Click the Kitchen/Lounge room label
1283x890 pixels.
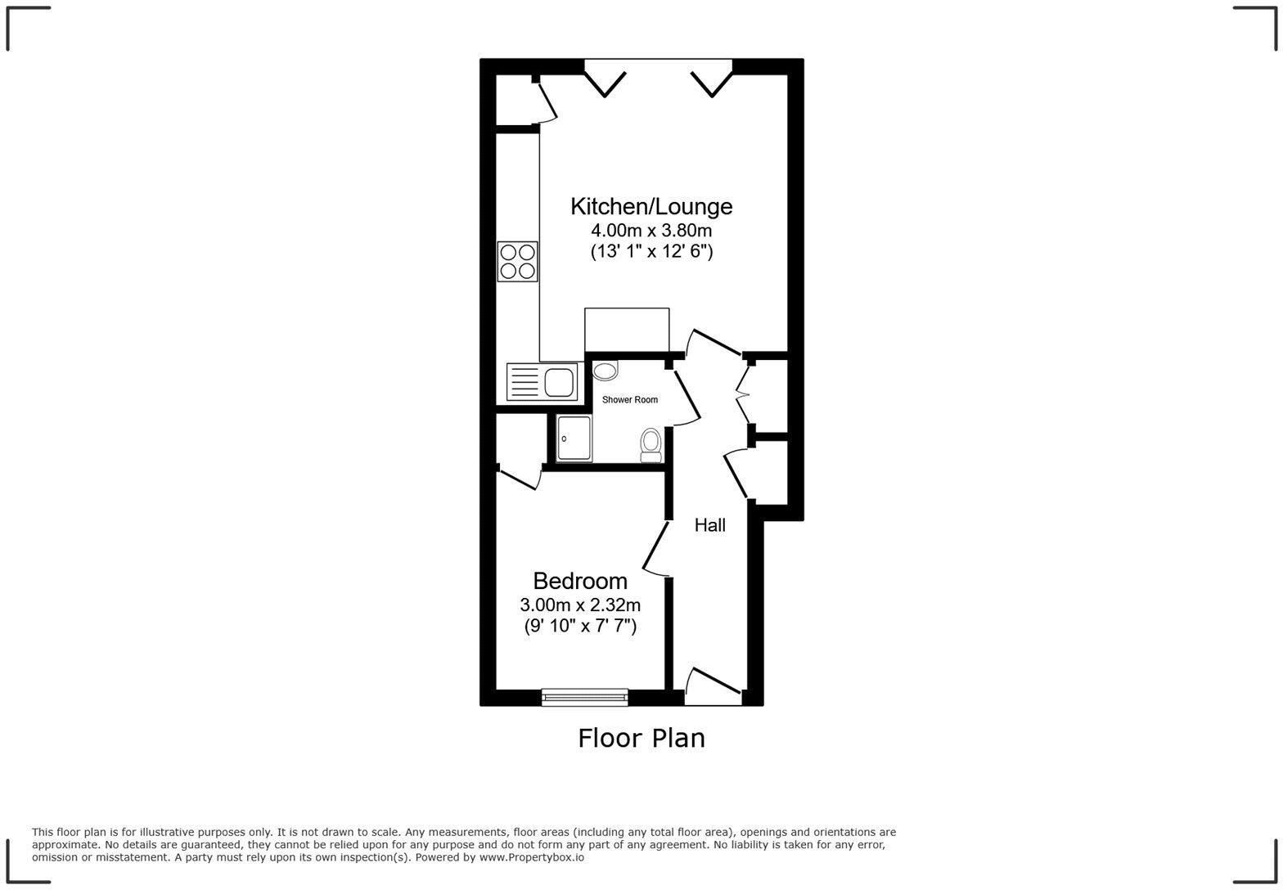(651, 206)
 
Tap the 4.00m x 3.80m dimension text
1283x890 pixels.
(651, 231)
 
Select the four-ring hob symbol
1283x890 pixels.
(517, 262)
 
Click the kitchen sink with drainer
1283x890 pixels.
(542, 382)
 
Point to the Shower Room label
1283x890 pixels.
(630, 400)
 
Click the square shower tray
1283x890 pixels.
(574, 438)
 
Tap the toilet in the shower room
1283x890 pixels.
(651, 444)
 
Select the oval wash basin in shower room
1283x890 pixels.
(605, 372)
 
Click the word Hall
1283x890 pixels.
(709, 525)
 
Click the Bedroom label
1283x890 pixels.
(580, 581)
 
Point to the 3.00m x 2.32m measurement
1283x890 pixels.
(580, 605)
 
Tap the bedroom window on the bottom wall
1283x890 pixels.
(584, 698)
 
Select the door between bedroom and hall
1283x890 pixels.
(656, 548)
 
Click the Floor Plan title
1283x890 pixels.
(641, 738)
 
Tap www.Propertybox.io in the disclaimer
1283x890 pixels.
(531, 857)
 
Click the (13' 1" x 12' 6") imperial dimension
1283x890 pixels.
(651, 252)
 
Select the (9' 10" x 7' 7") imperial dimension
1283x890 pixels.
(580, 627)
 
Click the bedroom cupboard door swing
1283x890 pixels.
(519, 478)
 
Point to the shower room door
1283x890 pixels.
(686, 395)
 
